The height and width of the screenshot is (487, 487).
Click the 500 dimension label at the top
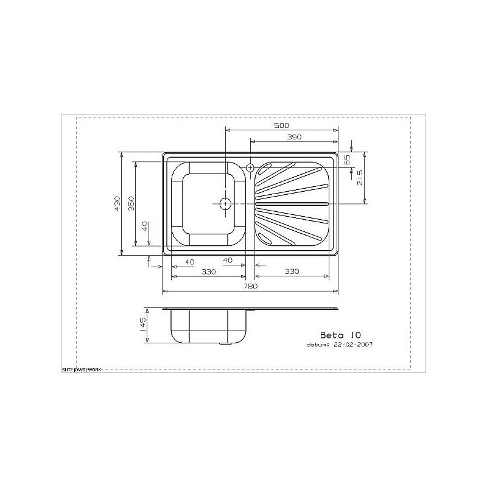point(281,125)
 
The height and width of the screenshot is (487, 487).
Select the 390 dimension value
point(294,137)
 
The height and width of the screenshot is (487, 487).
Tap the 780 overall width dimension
point(250,286)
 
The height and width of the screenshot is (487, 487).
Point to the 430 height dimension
point(117,203)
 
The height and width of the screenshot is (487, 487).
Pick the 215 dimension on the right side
point(360,178)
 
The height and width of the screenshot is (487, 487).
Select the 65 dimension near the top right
point(347,159)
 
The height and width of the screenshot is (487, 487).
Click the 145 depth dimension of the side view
point(143,325)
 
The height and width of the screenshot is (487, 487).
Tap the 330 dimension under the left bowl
point(209,272)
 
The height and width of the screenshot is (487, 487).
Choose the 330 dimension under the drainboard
point(292,272)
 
